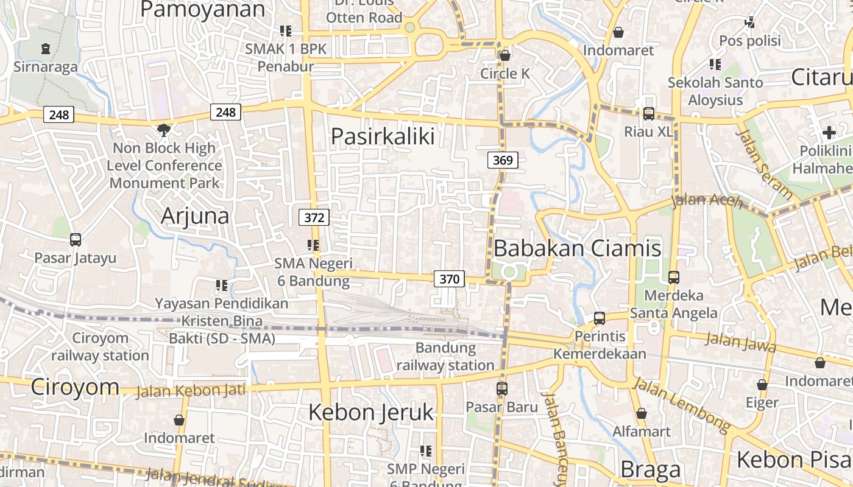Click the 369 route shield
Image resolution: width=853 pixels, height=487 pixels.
(x=503, y=160)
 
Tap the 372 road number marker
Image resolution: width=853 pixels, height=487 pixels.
(x=314, y=217)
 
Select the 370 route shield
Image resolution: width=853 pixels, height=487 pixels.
(x=449, y=279)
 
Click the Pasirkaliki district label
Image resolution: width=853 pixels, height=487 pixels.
(x=383, y=136)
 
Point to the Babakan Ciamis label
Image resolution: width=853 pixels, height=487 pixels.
(x=577, y=248)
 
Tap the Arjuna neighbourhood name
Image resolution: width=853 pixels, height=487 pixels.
(x=195, y=216)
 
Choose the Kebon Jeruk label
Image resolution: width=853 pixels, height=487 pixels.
(x=370, y=412)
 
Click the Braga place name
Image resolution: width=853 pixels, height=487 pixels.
(x=650, y=469)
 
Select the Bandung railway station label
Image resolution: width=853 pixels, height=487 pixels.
(x=445, y=357)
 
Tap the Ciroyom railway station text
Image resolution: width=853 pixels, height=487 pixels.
(x=100, y=346)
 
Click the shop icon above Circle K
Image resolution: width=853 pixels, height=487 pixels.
(x=504, y=56)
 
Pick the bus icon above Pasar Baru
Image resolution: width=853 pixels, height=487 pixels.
(x=501, y=388)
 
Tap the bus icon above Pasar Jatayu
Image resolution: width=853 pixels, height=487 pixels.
(x=75, y=240)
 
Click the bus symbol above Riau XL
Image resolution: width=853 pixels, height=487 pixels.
(x=648, y=114)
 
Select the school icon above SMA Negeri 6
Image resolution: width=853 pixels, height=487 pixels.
(x=313, y=245)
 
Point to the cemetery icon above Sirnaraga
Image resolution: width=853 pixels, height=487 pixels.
(x=46, y=49)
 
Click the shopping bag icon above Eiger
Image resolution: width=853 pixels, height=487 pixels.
(x=762, y=385)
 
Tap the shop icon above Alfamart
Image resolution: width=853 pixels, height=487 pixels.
(x=641, y=414)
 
